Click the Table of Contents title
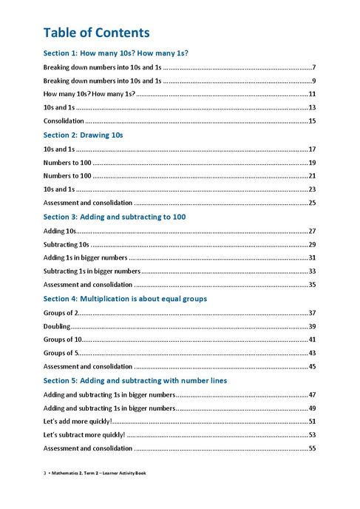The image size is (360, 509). click(96, 33)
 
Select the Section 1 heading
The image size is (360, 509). click(115, 53)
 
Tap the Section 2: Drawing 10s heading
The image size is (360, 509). click(83, 135)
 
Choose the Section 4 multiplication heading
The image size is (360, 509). click(125, 298)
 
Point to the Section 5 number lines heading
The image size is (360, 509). click(135, 380)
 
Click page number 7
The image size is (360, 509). click(314, 67)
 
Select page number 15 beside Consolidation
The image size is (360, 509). click(312, 121)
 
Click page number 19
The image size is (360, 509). click(312, 162)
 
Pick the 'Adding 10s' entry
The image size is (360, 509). click(60, 231)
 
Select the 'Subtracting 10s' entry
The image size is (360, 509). click(67, 244)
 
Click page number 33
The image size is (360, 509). click(312, 271)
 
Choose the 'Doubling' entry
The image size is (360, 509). click(57, 326)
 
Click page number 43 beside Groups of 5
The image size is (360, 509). click(312, 353)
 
